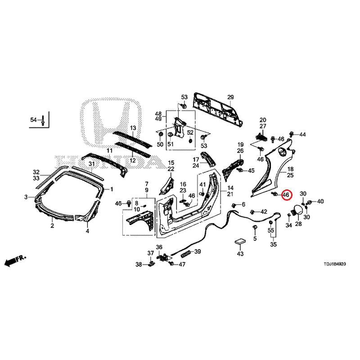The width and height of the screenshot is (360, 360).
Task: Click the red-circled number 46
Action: [x=285, y=195]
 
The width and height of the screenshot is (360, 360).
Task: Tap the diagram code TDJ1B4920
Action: [x=332, y=265]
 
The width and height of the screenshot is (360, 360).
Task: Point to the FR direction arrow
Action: [x=15, y=260]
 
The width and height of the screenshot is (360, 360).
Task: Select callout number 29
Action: [x=230, y=98]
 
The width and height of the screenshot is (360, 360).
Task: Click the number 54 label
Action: [x=33, y=120]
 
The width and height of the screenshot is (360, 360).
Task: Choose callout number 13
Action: [x=133, y=128]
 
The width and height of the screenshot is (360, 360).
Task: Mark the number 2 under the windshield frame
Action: [x=52, y=226]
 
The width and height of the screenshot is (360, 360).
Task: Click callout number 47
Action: [x=182, y=264]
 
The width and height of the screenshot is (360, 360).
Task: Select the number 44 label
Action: [x=302, y=135]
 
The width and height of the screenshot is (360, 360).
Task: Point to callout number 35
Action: [x=273, y=245]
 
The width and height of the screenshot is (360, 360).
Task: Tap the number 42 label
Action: [x=264, y=211]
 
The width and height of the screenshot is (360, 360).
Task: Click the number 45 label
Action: [x=251, y=171]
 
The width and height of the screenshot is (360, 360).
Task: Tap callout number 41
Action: [x=202, y=185]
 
